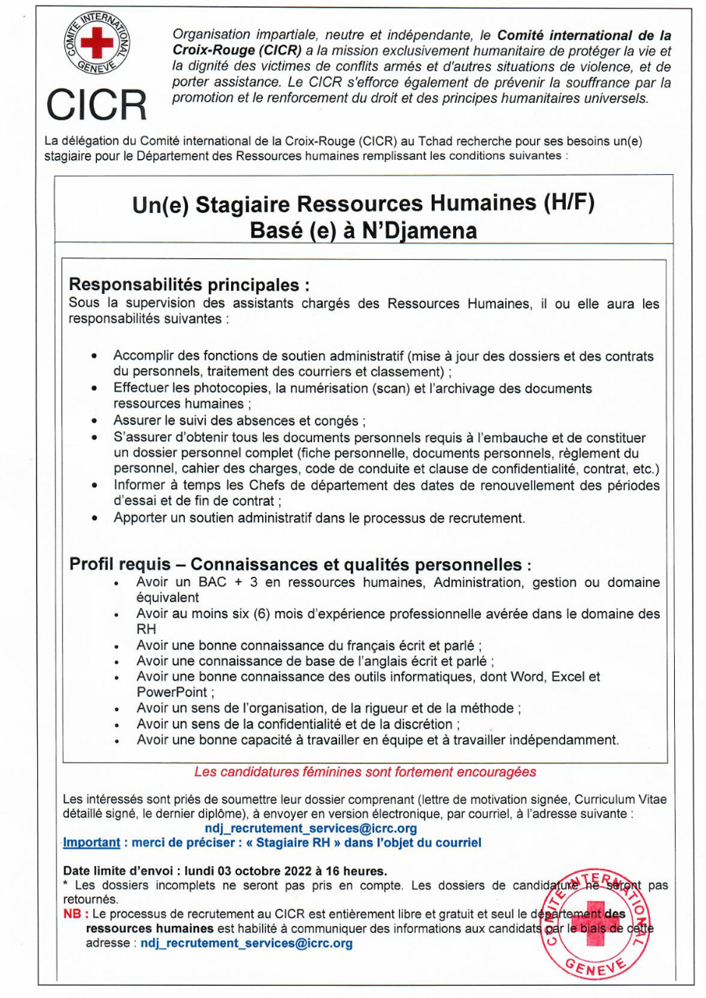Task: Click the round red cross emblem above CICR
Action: (96, 42)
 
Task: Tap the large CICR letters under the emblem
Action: (96, 104)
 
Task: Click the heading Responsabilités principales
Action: (189, 285)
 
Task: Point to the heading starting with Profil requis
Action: (300, 564)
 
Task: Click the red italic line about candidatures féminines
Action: (365, 772)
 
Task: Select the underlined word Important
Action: (91, 843)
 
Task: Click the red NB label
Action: (72, 914)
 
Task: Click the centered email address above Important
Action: (311, 828)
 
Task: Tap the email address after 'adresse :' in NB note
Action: (246, 943)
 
